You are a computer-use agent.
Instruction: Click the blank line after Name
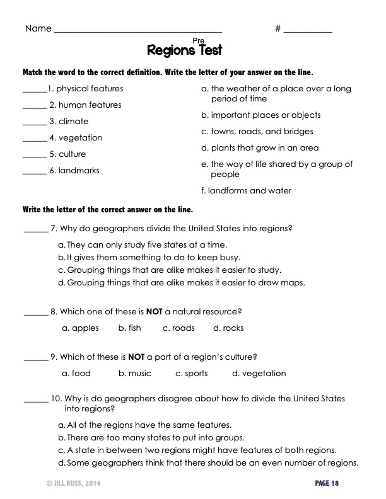click(138, 30)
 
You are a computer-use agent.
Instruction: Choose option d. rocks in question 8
click(228, 328)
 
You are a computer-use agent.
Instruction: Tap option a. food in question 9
click(76, 374)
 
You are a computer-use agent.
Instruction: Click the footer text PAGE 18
click(327, 483)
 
